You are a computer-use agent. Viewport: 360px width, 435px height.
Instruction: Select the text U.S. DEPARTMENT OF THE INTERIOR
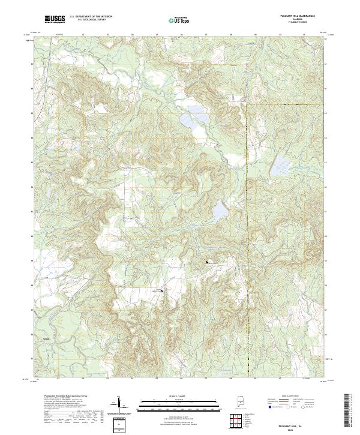pyautogui.click(x=91, y=17)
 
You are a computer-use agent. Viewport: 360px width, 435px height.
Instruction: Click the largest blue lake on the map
pyautogui.click(x=194, y=119)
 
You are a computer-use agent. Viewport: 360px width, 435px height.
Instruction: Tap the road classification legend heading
pyautogui.click(x=293, y=396)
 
